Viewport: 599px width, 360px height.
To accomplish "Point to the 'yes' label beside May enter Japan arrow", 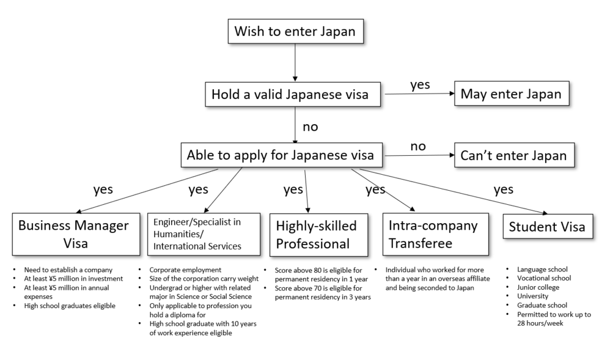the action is (421, 85).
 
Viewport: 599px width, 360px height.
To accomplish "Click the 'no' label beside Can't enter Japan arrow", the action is (418, 146).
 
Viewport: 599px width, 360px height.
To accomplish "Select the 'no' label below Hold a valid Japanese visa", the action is (311, 127).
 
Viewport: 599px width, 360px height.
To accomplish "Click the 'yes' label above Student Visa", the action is (504, 189).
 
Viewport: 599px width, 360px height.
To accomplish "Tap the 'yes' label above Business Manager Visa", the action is (103, 189).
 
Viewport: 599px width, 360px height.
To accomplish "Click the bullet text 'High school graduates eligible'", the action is (70, 306).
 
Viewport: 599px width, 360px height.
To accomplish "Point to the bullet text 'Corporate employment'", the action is (185, 270).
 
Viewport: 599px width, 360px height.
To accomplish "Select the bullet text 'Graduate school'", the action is (542, 305).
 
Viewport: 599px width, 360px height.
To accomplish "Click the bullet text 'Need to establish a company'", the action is (68, 270).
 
